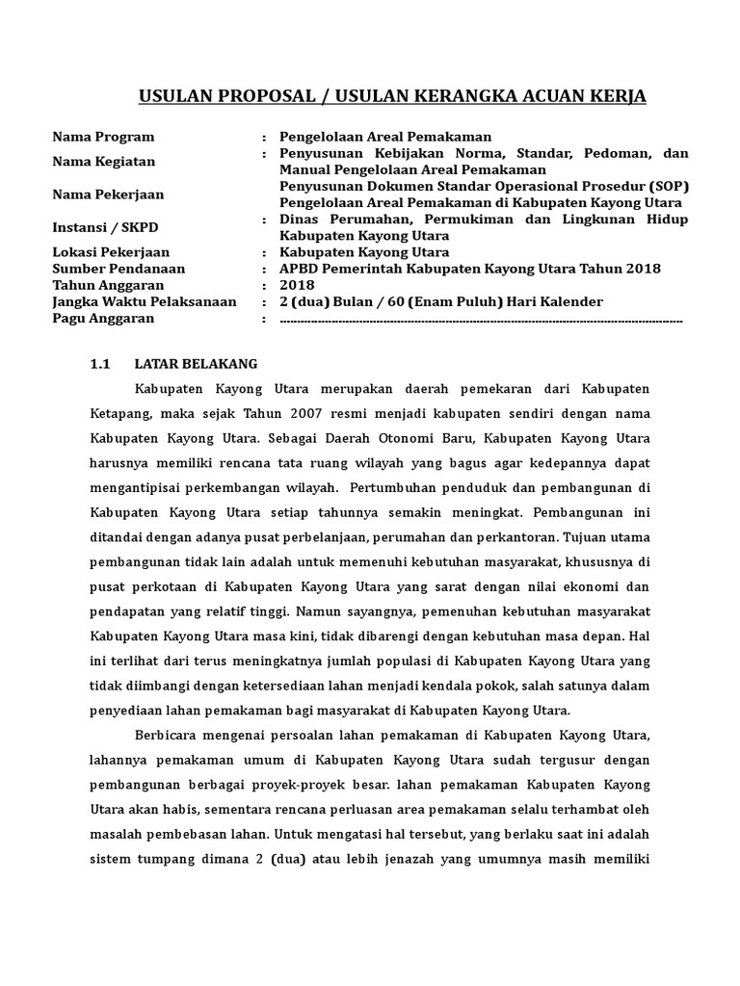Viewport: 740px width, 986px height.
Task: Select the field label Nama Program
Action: [103, 137]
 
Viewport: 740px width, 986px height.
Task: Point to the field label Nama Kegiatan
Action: [103, 161]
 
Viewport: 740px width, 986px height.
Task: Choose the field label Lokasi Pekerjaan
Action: [110, 252]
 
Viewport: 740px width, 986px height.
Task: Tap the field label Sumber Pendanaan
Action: [119, 269]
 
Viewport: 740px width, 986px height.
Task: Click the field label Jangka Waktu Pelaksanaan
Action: [145, 301]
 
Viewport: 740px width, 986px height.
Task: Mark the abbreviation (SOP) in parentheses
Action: [667, 186]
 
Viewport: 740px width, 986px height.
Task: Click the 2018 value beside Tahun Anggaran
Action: [297, 285]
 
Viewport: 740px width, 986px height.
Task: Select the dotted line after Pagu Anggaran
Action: [481, 319]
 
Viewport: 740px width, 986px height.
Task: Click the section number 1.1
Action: [101, 364]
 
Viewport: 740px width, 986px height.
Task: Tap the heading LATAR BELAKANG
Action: [196, 364]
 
